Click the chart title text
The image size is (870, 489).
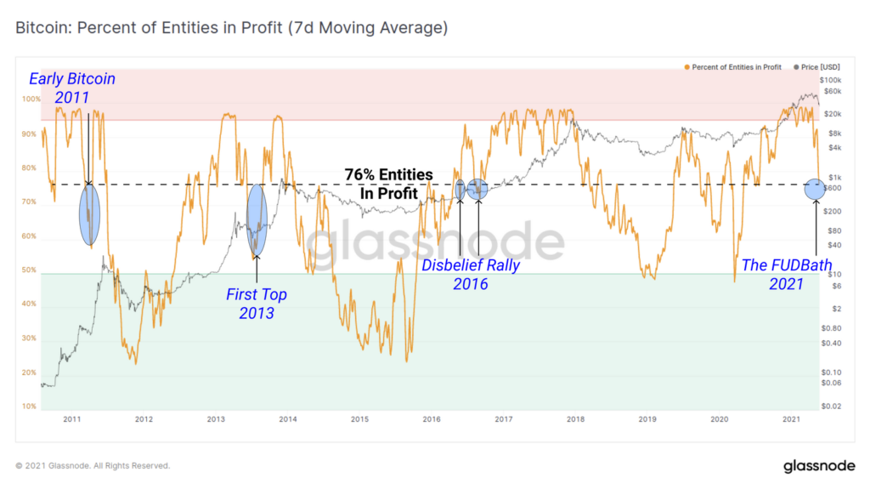(231, 28)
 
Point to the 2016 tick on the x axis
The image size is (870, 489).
(432, 418)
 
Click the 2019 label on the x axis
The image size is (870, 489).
(647, 418)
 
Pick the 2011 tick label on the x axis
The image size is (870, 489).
(71, 418)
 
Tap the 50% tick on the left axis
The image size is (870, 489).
(30, 270)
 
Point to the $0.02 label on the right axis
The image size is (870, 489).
(831, 407)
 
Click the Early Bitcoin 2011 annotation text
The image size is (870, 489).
(72, 88)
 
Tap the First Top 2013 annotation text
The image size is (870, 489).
(256, 304)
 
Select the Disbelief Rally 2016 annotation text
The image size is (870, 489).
(471, 275)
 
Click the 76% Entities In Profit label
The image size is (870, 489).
(388, 184)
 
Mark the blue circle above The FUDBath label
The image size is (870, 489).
(814, 189)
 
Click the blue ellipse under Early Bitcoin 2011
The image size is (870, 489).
(89, 214)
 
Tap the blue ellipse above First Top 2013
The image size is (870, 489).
(257, 219)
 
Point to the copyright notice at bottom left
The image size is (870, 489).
(93, 466)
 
